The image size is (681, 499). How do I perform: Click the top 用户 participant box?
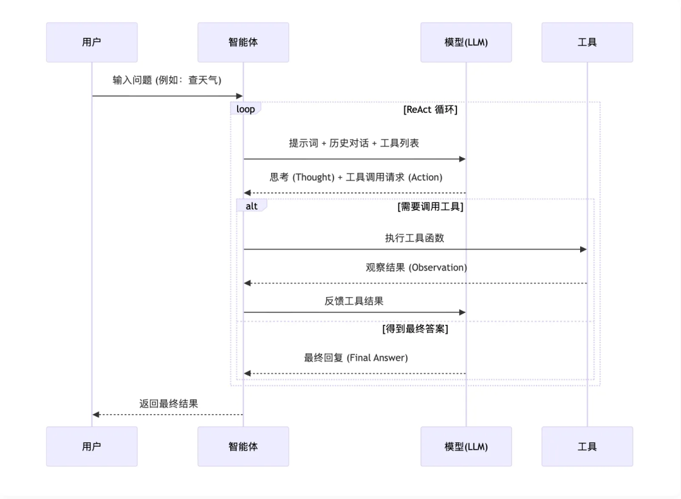coord(91,42)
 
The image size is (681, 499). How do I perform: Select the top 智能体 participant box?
coord(243,42)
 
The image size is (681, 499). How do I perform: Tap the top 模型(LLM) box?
coord(466,42)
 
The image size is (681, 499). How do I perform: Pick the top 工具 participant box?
coord(587,42)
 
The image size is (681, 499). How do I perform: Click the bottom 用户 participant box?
coord(91,446)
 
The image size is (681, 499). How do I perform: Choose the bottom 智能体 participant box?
coord(243,446)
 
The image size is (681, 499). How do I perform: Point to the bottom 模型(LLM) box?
coord(466,446)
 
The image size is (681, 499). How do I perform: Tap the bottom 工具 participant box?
coord(587,446)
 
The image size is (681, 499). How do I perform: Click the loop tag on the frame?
coord(246,109)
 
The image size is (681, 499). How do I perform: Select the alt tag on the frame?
coord(252,206)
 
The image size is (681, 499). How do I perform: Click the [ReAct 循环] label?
coord(430,109)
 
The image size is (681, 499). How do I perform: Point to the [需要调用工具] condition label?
coord(430,206)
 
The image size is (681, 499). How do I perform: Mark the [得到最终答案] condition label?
coord(415,329)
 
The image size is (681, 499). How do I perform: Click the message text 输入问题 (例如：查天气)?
coord(167,80)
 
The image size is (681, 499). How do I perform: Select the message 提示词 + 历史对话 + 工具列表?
coord(354,143)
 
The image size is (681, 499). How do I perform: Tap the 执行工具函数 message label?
coord(415,238)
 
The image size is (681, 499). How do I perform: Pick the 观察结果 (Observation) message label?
coord(416,267)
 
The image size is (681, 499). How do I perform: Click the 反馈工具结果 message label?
coord(354,301)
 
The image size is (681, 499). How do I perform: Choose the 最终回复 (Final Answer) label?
coord(356,358)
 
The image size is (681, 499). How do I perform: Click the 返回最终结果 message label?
coord(168,403)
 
